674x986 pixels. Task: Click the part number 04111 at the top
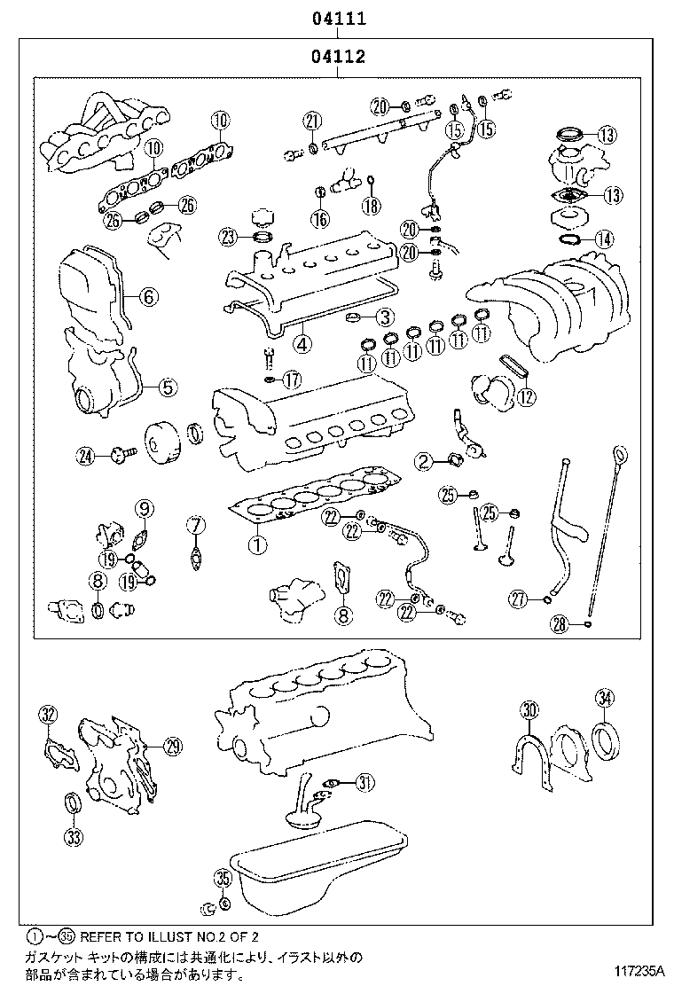(338, 18)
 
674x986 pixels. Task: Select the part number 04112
(338, 59)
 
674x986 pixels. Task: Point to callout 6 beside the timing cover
(148, 296)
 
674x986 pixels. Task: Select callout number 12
(526, 396)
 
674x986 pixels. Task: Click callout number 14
(604, 239)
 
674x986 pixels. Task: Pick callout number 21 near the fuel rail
(311, 121)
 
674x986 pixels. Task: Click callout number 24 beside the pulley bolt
(85, 457)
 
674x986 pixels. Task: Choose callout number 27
(519, 600)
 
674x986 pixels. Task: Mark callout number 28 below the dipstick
(559, 625)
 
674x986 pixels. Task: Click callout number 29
(173, 746)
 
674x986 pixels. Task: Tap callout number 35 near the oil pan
(223, 879)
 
